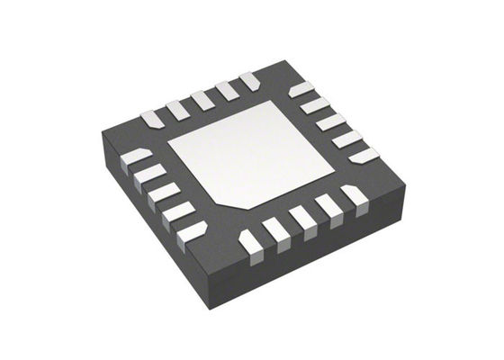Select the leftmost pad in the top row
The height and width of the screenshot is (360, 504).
[150, 117]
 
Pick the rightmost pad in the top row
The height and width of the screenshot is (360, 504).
[250, 81]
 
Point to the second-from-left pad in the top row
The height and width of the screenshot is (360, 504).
[176, 108]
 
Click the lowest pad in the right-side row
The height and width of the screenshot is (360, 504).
[364, 155]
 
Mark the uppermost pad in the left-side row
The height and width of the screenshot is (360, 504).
[137, 157]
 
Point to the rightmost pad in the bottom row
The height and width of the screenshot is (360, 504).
[354, 195]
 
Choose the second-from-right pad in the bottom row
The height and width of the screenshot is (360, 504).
[329, 206]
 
